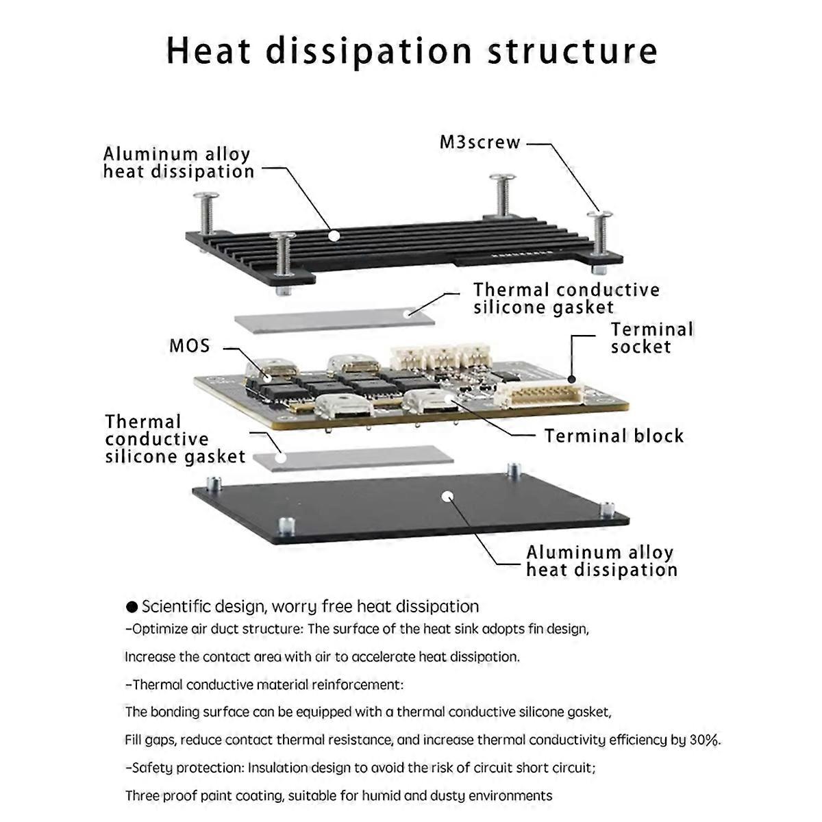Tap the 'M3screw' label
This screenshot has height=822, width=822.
click(480, 143)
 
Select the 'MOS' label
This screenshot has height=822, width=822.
click(190, 345)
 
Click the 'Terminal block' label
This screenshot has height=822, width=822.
click(614, 436)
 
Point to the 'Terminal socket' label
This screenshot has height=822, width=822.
click(651, 338)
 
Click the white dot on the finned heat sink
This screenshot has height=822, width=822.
click(334, 235)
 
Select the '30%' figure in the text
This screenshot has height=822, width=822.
click(704, 740)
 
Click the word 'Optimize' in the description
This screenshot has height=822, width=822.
click(158, 629)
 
